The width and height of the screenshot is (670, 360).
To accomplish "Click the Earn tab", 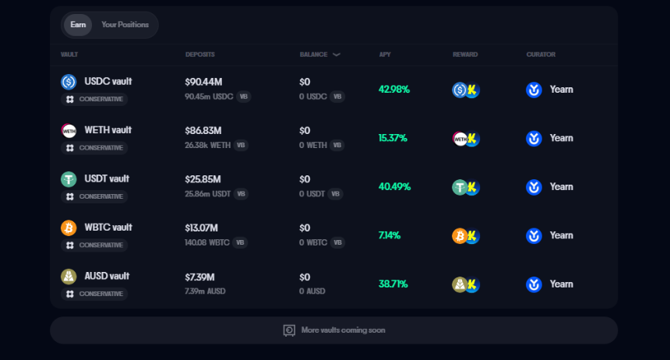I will (x=78, y=25).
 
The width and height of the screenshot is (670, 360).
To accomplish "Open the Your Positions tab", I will (x=125, y=25).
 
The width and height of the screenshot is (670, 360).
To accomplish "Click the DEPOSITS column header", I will (x=199, y=55).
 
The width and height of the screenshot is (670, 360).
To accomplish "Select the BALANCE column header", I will (x=315, y=55).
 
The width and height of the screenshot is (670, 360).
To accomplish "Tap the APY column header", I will (x=385, y=55).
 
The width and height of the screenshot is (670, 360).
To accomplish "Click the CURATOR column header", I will (x=541, y=55).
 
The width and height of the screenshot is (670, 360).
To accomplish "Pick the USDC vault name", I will (x=108, y=81).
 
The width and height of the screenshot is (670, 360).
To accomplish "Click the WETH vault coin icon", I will (x=69, y=130).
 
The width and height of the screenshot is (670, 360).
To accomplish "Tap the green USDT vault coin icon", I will (x=69, y=179).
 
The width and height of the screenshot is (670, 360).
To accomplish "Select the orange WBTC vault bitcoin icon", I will (x=69, y=228).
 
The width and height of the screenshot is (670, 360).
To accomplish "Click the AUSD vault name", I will (x=107, y=276).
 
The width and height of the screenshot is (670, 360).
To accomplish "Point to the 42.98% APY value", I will (x=393, y=90).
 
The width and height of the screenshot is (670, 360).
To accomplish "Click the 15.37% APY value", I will (x=393, y=138).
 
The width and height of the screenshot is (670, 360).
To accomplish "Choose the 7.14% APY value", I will (x=390, y=235).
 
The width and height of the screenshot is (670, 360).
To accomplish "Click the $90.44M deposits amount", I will (x=203, y=82).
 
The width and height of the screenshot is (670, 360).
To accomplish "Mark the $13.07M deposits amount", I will (x=201, y=228).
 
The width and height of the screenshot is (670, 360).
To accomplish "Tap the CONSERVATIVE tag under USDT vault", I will (x=94, y=196).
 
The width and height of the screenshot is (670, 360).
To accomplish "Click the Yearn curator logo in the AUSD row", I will (x=534, y=284).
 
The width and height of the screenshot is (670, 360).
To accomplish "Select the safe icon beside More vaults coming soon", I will (x=289, y=330).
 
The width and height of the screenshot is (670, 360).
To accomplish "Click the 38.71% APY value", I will (x=393, y=284).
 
